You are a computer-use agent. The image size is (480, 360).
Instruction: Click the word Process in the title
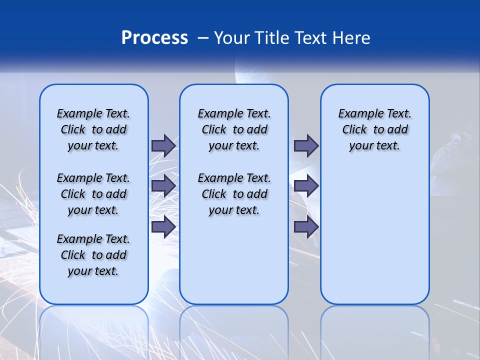coord(154,38)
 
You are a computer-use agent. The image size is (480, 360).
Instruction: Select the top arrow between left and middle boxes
coord(163,145)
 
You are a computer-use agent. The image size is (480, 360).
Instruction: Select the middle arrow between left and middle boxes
coord(163,186)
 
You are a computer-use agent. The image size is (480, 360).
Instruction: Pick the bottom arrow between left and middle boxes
coord(163,226)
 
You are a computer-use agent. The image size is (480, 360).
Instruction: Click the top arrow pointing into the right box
coord(306,145)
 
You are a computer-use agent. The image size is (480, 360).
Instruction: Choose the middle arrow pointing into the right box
coord(306,186)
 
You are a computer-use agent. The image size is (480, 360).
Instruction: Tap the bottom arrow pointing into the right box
coord(306,226)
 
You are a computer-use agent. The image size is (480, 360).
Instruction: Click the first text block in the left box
coord(93,129)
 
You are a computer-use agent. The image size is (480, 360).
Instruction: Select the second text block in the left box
coord(93,194)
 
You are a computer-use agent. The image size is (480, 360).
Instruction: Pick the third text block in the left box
coord(93,255)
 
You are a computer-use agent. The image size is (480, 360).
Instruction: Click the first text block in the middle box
coord(234,129)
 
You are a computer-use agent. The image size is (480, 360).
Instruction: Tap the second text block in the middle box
coord(234,194)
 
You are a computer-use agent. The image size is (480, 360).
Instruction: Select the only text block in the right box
coord(375,129)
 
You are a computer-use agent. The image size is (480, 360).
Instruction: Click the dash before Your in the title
coord(203,38)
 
